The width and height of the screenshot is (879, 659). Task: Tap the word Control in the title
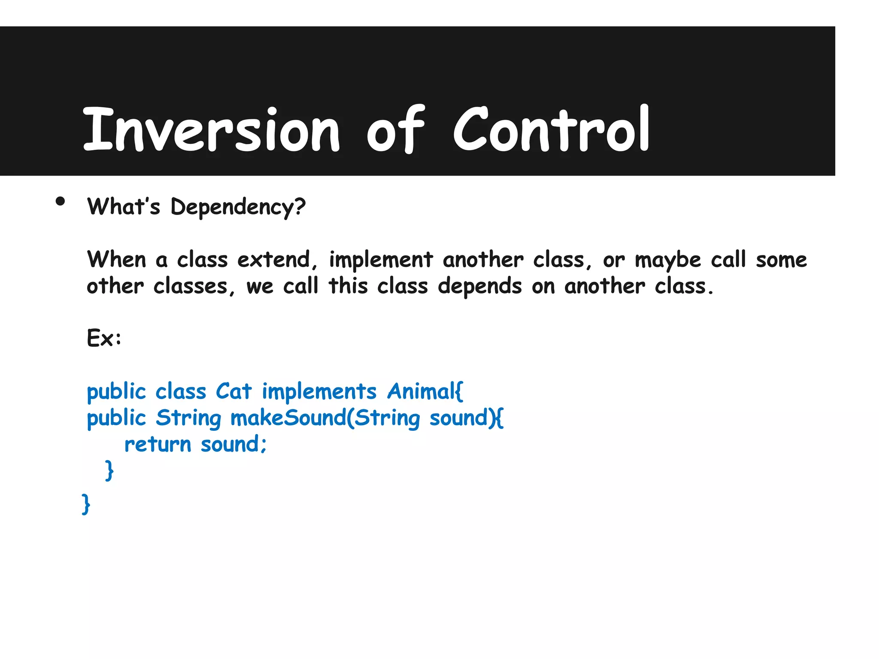(552, 130)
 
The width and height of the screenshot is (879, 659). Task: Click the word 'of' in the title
(395, 130)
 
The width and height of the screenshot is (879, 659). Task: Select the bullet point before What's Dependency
(60, 202)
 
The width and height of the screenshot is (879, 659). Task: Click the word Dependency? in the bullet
(238, 208)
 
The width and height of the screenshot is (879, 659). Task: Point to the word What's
(124, 207)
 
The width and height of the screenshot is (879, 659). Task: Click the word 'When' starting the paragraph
(117, 260)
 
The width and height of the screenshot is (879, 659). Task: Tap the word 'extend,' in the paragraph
(277, 260)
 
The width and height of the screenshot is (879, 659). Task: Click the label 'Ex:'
(104, 339)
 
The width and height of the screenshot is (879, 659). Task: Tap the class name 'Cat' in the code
(233, 392)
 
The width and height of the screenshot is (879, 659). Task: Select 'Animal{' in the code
(425, 392)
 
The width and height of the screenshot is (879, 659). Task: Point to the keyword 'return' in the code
(158, 445)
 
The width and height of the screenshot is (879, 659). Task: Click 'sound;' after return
(234, 445)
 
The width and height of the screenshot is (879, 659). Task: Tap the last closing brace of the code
(86, 504)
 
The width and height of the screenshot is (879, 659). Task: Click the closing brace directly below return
(109, 471)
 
